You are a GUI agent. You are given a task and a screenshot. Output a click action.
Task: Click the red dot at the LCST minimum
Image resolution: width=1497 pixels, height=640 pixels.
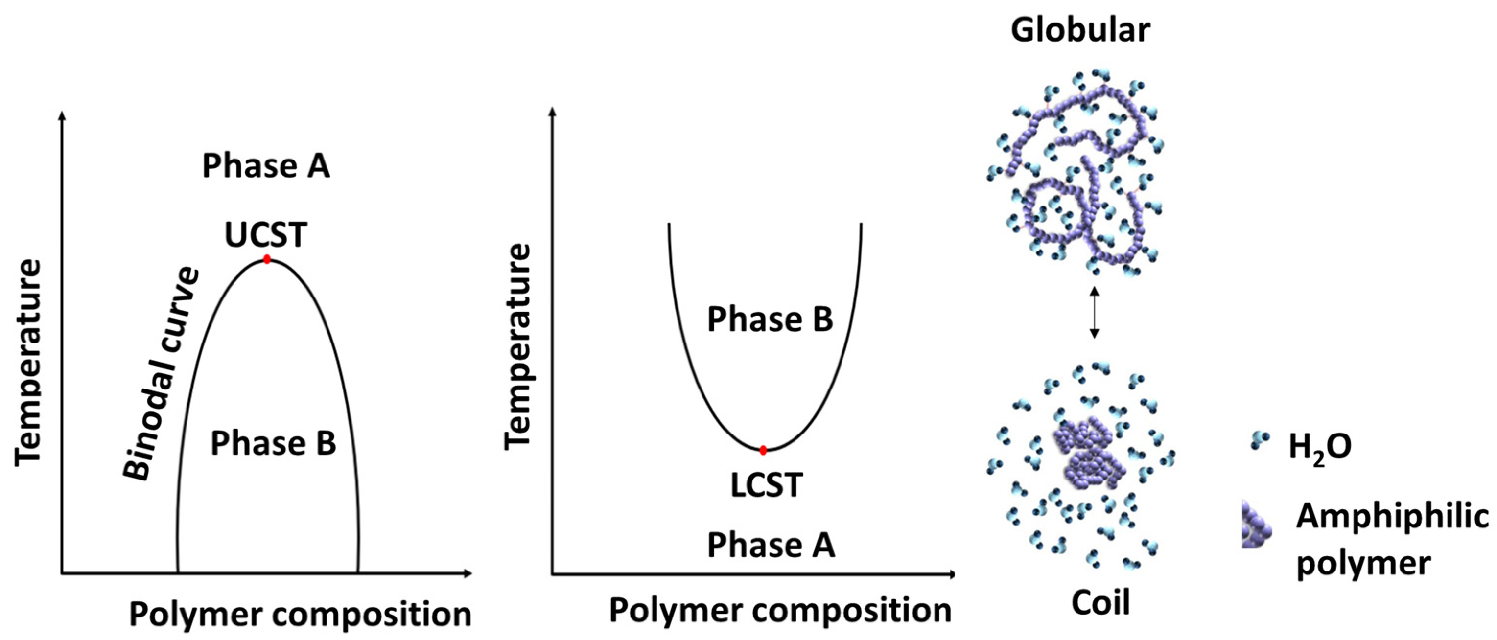click(763, 450)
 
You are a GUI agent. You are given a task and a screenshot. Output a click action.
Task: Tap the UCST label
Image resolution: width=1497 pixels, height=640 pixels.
click(266, 235)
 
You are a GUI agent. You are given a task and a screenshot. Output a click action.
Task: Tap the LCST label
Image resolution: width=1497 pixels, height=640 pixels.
click(767, 485)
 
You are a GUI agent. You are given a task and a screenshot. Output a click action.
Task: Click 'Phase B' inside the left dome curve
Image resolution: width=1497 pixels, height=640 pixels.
click(273, 444)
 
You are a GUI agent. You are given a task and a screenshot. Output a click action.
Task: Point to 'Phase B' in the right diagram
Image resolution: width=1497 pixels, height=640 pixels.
click(770, 320)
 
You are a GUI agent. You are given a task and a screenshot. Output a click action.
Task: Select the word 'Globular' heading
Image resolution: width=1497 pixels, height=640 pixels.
click(1080, 30)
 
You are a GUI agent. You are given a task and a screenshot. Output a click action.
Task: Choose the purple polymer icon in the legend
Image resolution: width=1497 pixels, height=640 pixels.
click(1255, 525)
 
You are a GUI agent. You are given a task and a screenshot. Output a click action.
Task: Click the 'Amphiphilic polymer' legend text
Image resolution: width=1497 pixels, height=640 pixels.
click(1391, 539)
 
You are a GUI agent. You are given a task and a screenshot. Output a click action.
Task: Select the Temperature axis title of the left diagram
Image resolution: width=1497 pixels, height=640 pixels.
click(28, 363)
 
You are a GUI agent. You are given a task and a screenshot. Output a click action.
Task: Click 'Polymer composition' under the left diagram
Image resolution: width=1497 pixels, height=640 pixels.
click(300, 615)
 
